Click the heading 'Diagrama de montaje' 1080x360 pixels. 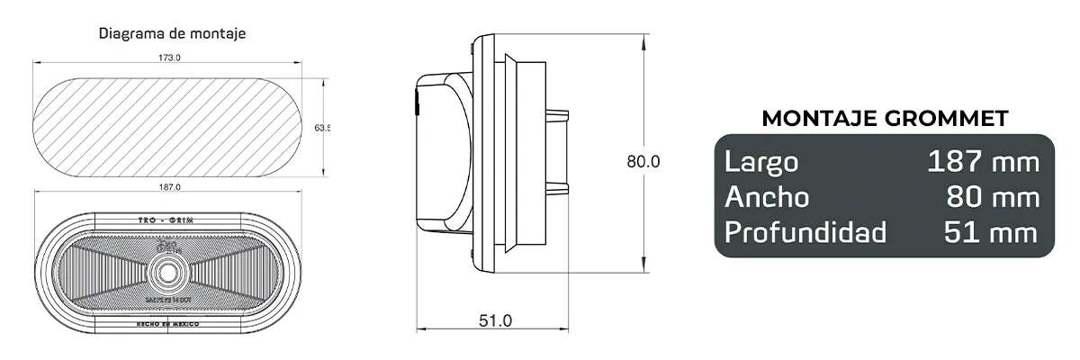click(173, 33)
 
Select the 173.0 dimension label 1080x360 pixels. click(169, 58)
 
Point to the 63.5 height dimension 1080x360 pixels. click(322, 129)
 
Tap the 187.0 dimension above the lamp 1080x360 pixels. click(169, 187)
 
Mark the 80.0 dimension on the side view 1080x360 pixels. click(643, 162)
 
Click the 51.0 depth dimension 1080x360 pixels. click(494, 319)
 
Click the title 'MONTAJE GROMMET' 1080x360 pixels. click(885, 118)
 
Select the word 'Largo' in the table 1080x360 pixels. click(761, 162)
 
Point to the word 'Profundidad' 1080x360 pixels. click(805, 232)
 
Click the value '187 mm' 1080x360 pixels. click(983, 162)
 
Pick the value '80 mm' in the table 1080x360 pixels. click(993, 197)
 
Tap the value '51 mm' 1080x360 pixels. click(991, 232)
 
